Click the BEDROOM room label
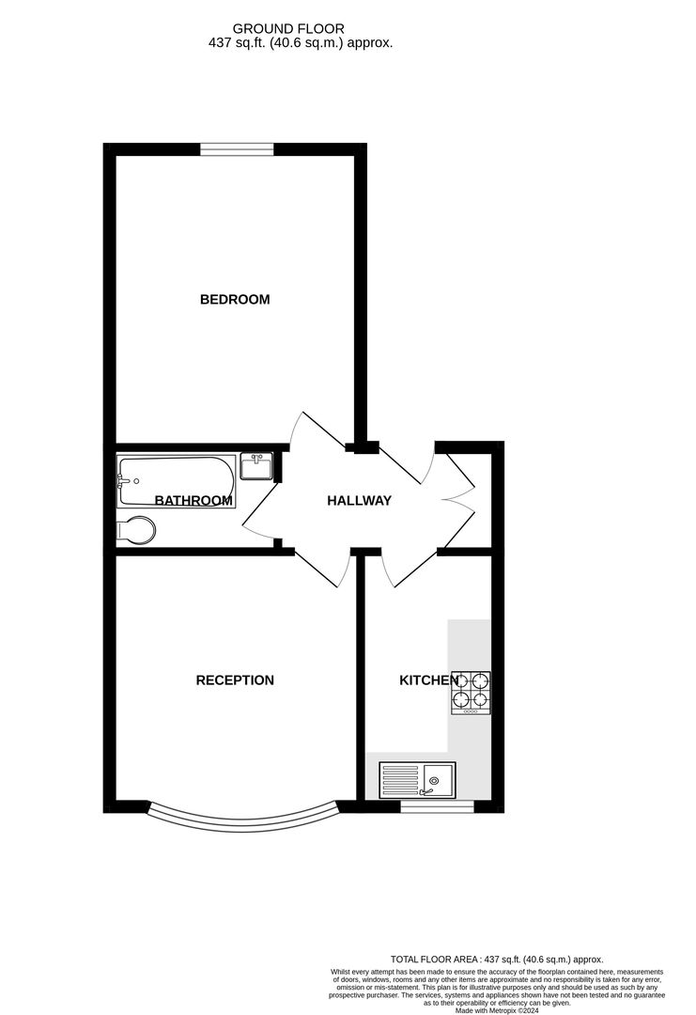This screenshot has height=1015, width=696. [235, 299]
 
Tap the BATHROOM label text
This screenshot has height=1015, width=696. [193, 500]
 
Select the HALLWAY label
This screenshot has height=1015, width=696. [359, 500]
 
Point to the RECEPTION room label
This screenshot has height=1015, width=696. [235, 679]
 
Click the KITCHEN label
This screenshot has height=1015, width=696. [429, 679]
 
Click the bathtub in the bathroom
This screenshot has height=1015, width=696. [176, 482]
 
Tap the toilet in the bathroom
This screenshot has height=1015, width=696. [136, 531]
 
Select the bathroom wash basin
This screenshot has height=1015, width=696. [256, 466]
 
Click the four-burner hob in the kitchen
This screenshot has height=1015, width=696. [471, 693]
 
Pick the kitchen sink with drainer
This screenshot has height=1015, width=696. [417, 779]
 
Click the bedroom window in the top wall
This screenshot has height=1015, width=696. [237, 149]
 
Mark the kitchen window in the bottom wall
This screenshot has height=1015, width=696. [438, 806]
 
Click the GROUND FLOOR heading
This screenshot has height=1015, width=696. [288, 28]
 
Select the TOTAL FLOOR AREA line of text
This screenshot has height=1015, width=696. [497, 960]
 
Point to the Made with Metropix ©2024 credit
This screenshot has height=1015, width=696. [497, 1009]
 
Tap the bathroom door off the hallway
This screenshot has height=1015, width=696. [261, 511]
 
